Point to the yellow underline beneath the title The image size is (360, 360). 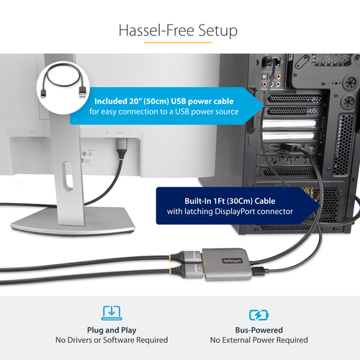click(179, 44)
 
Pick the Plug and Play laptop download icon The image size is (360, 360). click(112, 313)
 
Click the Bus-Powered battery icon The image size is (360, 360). click(258, 314)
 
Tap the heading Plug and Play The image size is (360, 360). click(112, 329)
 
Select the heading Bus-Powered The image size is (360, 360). click(258, 329)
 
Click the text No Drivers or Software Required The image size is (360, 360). click(112, 340)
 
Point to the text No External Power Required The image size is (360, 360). click(258, 340)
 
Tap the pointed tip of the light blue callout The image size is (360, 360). click(261, 106)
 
